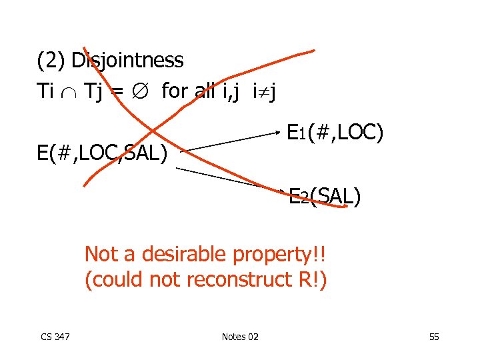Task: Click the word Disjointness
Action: click(x=127, y=61)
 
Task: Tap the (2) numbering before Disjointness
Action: click(x=51, y=61)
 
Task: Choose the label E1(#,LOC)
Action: click(x=335, y=132)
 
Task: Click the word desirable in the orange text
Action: click(x=183, y=254)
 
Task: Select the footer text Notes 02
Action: click(x=239, y=337)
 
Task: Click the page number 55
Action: click(x=433, y=337)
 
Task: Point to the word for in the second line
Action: click(x=175, y=91)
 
